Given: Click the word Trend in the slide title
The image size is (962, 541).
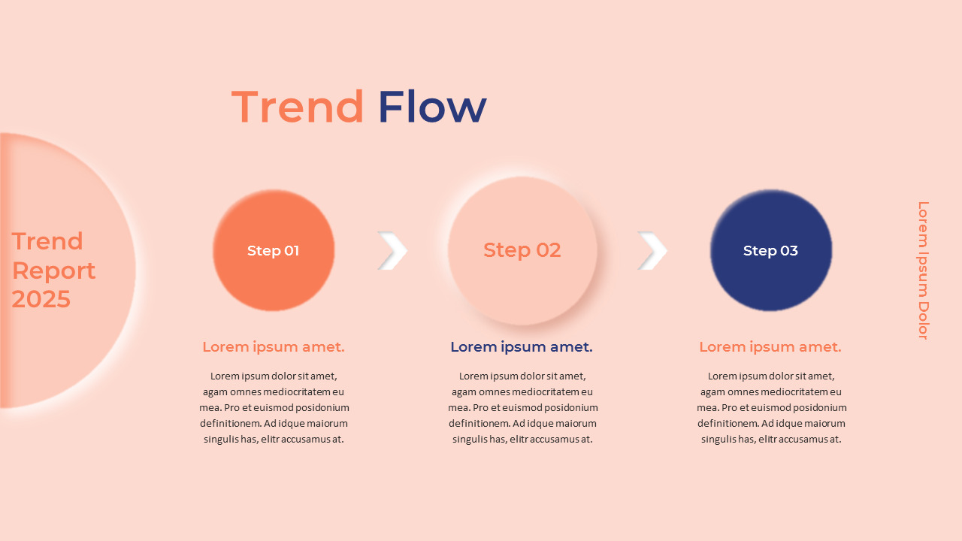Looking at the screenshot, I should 298,107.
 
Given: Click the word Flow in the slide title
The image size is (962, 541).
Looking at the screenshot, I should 432,107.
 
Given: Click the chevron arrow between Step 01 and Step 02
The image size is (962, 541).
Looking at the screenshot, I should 392,251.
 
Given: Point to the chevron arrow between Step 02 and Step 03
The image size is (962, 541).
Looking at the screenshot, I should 652,251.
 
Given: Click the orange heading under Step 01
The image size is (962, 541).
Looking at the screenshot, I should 274,347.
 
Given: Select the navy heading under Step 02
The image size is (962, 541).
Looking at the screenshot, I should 522,347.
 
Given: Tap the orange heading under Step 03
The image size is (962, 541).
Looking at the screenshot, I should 770,347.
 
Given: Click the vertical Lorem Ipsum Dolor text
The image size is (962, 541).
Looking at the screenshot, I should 924,270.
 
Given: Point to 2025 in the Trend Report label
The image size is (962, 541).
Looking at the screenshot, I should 41,299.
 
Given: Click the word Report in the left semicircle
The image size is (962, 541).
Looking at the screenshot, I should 53,270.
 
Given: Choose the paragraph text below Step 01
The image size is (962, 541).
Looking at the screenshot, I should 274,407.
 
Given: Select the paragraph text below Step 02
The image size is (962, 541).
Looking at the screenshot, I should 523,407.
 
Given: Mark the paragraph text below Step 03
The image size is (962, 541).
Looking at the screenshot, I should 772,407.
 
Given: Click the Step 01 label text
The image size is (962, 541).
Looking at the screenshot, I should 274,251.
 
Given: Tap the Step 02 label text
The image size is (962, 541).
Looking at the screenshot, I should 522,250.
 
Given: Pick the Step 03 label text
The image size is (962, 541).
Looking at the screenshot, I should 771,251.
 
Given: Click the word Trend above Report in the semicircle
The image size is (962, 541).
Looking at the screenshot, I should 47,241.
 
